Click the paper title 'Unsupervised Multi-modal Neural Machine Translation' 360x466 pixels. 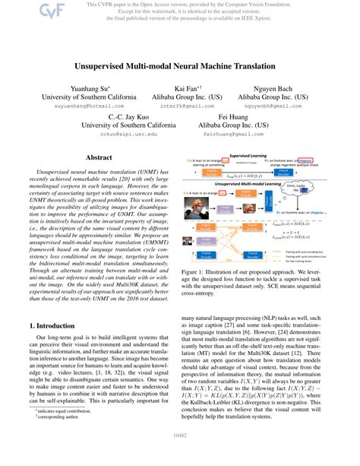pos(179,67)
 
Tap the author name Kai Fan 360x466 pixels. pos(188,87)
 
